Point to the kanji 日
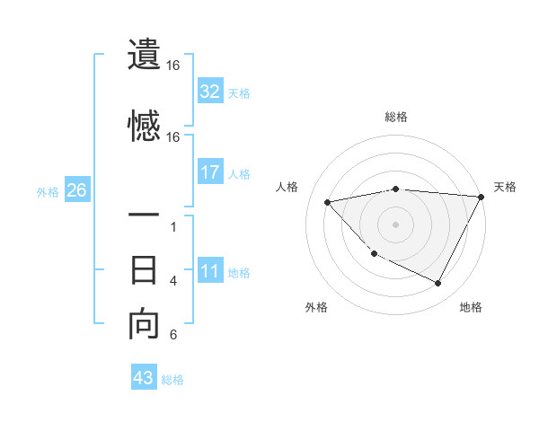pyautogui.click(x=145, y=270)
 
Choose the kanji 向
pyautogui.click(x=145, y=324)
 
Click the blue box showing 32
pyautogui.click(x=210, y=92)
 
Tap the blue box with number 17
pyautogui.click(x=210, y=172)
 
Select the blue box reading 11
pyautogui.click(x=210, y=271)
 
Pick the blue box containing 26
pyautogui.click(x=76, y=190)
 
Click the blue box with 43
pyautogui.click(x=144, y=378)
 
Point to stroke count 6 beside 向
pyautogui.click(x=173, y=336)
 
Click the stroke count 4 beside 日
pyautogui.click(x=173, y=281)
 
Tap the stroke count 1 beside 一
pyautogui.click(x=173, y=227)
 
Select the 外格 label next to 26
pyautogui.click(x=48, y=191)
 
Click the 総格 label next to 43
pyautogui.click(x=172, y=379)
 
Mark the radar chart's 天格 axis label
pyautogui.click(x=505, y=187)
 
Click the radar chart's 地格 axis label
pyautogui.click(x=471, y=307)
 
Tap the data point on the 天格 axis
pyautogui.click(x=482, y=197)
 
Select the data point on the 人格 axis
pyautogui.click(x=328, y=202)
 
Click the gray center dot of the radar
pyautogui.click(x=396, y=224)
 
